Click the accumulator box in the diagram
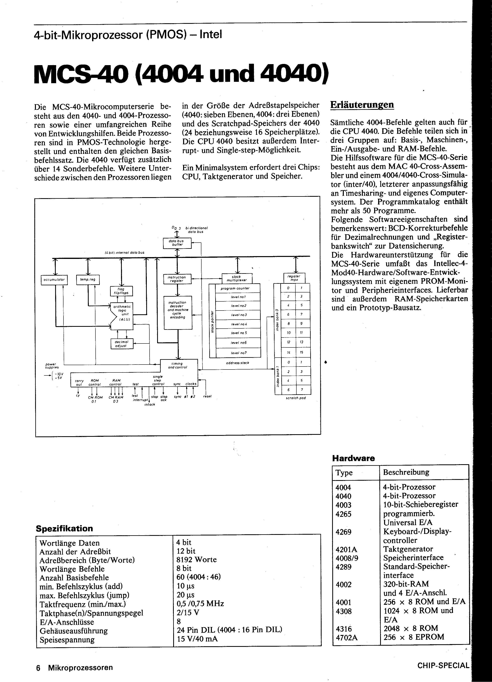[54, 280]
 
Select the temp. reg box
[88, 280]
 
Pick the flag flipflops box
[121, 291]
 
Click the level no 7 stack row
[238, 353]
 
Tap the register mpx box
[294, 278]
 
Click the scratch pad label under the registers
[296, 398]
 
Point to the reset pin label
[207, 396]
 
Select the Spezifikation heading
[64, 528]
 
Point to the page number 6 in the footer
[38, 668]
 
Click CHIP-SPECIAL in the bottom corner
[443, 666]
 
